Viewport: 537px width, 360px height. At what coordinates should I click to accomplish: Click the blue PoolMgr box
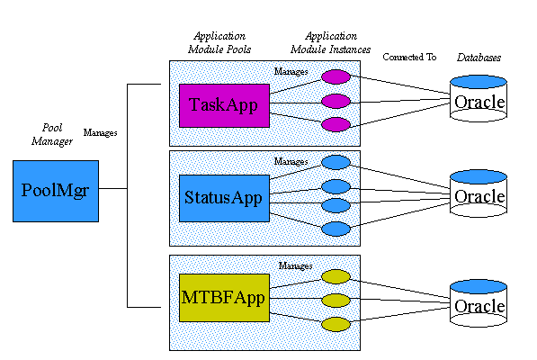click(x=56, y=191)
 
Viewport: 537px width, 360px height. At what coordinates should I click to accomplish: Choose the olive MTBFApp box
click(x=224, y=298)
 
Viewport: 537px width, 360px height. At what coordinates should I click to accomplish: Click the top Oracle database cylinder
click(x=478, y=101)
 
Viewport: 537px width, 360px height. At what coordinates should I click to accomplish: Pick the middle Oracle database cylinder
click(x=478, y=194)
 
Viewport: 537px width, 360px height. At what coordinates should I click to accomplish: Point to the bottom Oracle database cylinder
click(x=478, y=305)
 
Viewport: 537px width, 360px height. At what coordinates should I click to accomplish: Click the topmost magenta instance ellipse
click(x=335, y=76)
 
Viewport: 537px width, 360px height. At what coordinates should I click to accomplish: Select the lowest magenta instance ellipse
click(x=335, y=124)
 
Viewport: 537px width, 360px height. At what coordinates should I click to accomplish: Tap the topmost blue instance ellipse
click(x=335, y=163)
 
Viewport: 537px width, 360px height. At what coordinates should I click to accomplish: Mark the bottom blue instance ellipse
click(x=335, y=229)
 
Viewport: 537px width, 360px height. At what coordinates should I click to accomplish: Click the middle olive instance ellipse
click(x=335, y=299)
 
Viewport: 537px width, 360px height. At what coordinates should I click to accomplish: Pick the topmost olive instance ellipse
click(x=335, y=276)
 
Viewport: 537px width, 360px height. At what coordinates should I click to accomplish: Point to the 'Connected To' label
click(x=409, y=57)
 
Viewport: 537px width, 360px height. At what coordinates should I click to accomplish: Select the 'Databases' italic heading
click(x=478, y=57)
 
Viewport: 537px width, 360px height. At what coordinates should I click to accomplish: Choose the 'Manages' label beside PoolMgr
click(x=100, y=132)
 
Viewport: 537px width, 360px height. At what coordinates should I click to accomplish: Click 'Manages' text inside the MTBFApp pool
click(x=294, y=265)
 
